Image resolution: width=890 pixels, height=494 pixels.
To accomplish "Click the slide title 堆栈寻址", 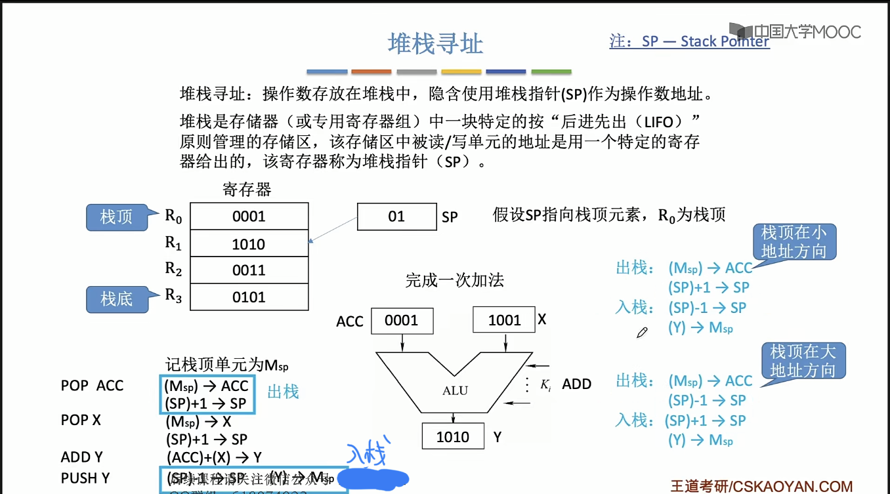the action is coord(435,44).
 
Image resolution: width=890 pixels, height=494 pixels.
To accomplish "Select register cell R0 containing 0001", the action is coord(249,216).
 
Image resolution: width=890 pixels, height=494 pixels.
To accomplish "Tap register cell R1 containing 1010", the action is coord(249,244).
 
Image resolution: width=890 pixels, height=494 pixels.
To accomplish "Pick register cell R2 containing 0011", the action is coord(249,270).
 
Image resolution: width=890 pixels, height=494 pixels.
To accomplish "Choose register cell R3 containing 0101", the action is coord(249,297).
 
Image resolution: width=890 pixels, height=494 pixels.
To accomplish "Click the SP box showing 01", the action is coord(396,216).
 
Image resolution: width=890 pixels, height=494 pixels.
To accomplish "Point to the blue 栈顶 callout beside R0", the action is coord(116,216).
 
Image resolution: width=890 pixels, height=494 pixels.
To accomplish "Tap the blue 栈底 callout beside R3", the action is coord(116,299).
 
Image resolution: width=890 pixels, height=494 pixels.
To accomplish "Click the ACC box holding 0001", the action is coord(402,320).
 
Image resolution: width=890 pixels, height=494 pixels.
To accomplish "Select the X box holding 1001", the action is coord(504,320).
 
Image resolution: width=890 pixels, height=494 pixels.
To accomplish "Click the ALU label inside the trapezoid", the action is coord(455,390).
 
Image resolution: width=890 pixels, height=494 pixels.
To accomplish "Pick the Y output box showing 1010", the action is coord(453,437).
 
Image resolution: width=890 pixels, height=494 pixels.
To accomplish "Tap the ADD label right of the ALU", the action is coord(577,384).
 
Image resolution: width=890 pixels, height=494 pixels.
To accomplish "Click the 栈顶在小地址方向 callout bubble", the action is coord(794,242).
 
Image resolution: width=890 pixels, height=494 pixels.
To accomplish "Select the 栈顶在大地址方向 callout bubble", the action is coord(803,361).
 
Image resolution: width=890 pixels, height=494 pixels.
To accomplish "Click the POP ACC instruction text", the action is coord(92,386).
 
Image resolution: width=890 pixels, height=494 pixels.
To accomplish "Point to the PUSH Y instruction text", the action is coord(85,478).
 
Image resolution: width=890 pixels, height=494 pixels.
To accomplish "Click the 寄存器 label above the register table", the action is coord(247,190).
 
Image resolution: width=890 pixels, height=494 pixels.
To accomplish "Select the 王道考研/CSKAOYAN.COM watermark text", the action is coord(761,486).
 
